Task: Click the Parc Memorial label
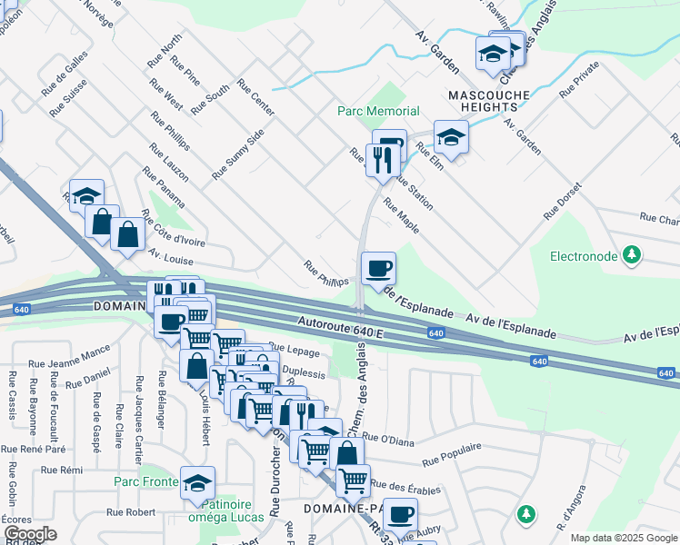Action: coord(378,111)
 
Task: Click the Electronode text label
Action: coord(584,256)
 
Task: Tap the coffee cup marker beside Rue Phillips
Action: coord(378,268)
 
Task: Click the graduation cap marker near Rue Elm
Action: coord(450,137)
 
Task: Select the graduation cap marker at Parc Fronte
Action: coord(197,483)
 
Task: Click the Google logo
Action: coord(30,534)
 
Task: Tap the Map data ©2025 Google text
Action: coord(624,538)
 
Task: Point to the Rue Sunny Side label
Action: coord(238,153)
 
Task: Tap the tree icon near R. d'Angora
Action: coord(525,515)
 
